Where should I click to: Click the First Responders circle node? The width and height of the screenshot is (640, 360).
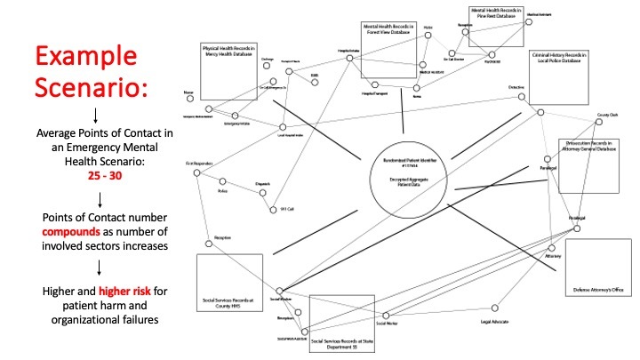(x=196, y=174)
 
